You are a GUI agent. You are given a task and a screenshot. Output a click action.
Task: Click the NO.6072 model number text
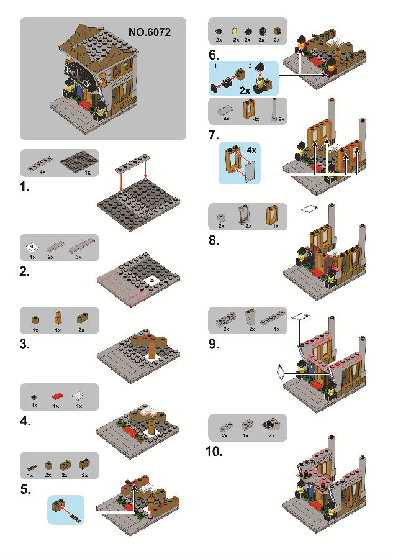(x=150, y=31)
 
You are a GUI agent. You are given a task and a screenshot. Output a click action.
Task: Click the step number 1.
(x=25, y=188)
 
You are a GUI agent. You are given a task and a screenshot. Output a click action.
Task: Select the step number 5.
(x=25, y=489)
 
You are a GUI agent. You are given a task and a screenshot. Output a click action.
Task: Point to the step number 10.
(x=214, y=452)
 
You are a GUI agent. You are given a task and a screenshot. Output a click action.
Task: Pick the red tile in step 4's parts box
(x=57, y=394)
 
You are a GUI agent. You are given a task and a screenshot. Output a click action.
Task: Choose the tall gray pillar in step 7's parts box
(x=273, y=108)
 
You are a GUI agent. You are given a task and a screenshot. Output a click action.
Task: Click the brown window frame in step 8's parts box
(x=271, y=216)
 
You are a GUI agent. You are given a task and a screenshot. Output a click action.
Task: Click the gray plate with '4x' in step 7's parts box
(x=222, y=110)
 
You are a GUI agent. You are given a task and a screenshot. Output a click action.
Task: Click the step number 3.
(x=25, y=343)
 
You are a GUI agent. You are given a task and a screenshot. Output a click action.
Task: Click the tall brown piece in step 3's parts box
(x=58, y=319)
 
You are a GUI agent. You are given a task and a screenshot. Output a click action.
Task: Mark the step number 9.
(x=214, y=343)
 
